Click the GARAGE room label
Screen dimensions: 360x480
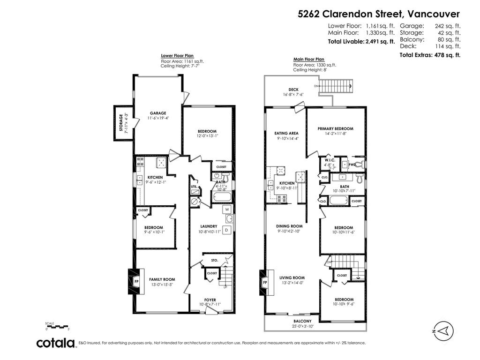click(158, 113)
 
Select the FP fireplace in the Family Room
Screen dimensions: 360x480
click(137, 281)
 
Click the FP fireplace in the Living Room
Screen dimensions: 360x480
click(265, 283)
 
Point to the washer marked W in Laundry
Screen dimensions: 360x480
click(227, 209)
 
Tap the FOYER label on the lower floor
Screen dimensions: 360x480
click(210, 300)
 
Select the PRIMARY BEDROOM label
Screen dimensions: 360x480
click(335, 128)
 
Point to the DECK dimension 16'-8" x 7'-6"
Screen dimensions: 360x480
click(293, 95)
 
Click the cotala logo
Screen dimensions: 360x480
click(56, 343)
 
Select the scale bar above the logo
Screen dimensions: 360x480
click(57, 327)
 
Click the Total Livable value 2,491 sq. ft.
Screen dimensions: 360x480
click(380, 42)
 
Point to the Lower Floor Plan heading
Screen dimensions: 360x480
click(177, 56)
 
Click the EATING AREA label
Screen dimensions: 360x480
click(286, 133)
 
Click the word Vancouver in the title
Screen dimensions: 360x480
click(434, 14)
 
